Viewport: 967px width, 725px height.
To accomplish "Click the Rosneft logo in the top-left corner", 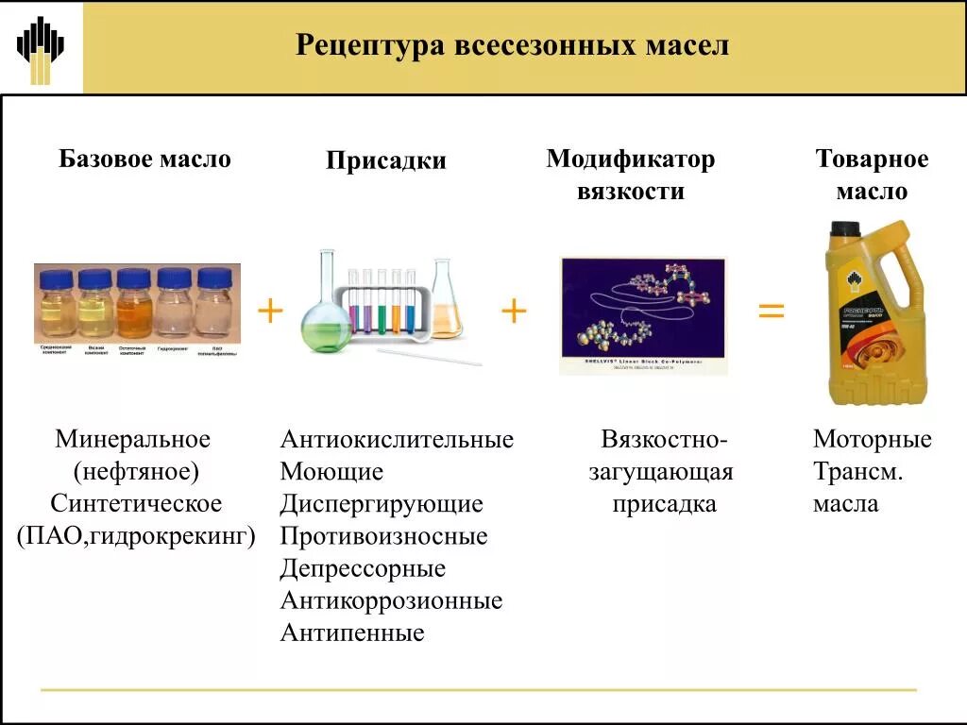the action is click(x=41, y=47).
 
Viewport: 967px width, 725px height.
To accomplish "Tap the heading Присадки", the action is click(x=386, y=161).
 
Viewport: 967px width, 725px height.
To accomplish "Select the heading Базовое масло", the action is click(x=144, y=159).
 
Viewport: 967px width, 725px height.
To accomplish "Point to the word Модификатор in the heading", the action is click(x=630, y=160).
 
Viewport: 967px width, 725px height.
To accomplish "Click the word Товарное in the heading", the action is click(x=872, y=160).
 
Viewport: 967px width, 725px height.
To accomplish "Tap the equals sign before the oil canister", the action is click(x=772, y=310).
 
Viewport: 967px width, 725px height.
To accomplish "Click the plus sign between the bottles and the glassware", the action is click(x=270, y=310).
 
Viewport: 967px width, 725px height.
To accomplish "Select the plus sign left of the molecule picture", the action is click(x=513, y=310).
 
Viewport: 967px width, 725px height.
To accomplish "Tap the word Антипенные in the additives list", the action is click(x=352, y=632).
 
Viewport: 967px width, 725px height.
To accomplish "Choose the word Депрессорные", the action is click(x=363, y=569).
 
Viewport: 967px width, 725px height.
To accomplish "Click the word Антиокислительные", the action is click(x=397, y=440).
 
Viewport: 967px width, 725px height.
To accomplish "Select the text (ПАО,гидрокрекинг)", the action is click(x=137, y=536).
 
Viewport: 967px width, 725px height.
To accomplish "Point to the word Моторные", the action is click(x=872, y=440).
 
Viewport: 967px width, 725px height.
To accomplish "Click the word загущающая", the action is click(x=661, y=472).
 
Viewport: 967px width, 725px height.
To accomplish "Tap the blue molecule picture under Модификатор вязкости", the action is click(x=643, y=315).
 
